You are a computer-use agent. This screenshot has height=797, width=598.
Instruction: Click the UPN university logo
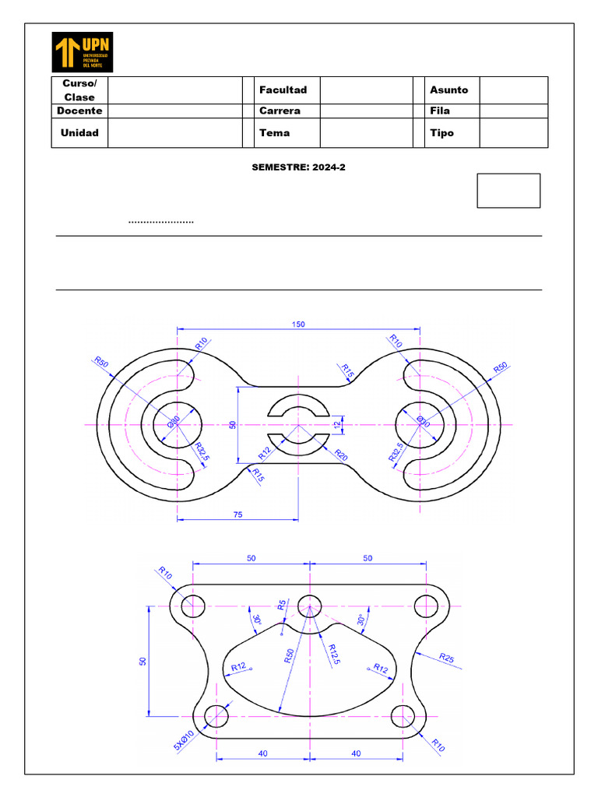83,52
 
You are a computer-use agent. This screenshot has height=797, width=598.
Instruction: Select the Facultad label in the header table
283,90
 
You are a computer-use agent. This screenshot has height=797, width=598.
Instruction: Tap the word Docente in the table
79,111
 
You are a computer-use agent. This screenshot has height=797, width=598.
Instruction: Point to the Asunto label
448,90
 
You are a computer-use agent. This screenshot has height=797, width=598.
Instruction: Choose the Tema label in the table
274,132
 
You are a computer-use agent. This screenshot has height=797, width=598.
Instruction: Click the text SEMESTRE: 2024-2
298,167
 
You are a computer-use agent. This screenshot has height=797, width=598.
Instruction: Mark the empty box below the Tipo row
508,191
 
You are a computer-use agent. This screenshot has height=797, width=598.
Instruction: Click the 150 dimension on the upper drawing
299,325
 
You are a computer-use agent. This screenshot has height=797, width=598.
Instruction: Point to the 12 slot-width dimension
337,425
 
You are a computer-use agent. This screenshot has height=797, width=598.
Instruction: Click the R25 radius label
446,658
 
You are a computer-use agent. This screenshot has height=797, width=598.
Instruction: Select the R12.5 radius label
332,650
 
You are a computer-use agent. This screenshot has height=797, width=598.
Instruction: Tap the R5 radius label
283,604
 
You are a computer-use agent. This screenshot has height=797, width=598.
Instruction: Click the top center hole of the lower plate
310,606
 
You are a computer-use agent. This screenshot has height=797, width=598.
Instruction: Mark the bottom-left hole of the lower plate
216,715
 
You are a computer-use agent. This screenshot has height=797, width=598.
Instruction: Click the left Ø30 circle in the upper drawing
177,425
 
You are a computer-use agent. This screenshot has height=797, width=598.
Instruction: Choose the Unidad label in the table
79,132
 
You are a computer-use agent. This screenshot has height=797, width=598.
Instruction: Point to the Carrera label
280,111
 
